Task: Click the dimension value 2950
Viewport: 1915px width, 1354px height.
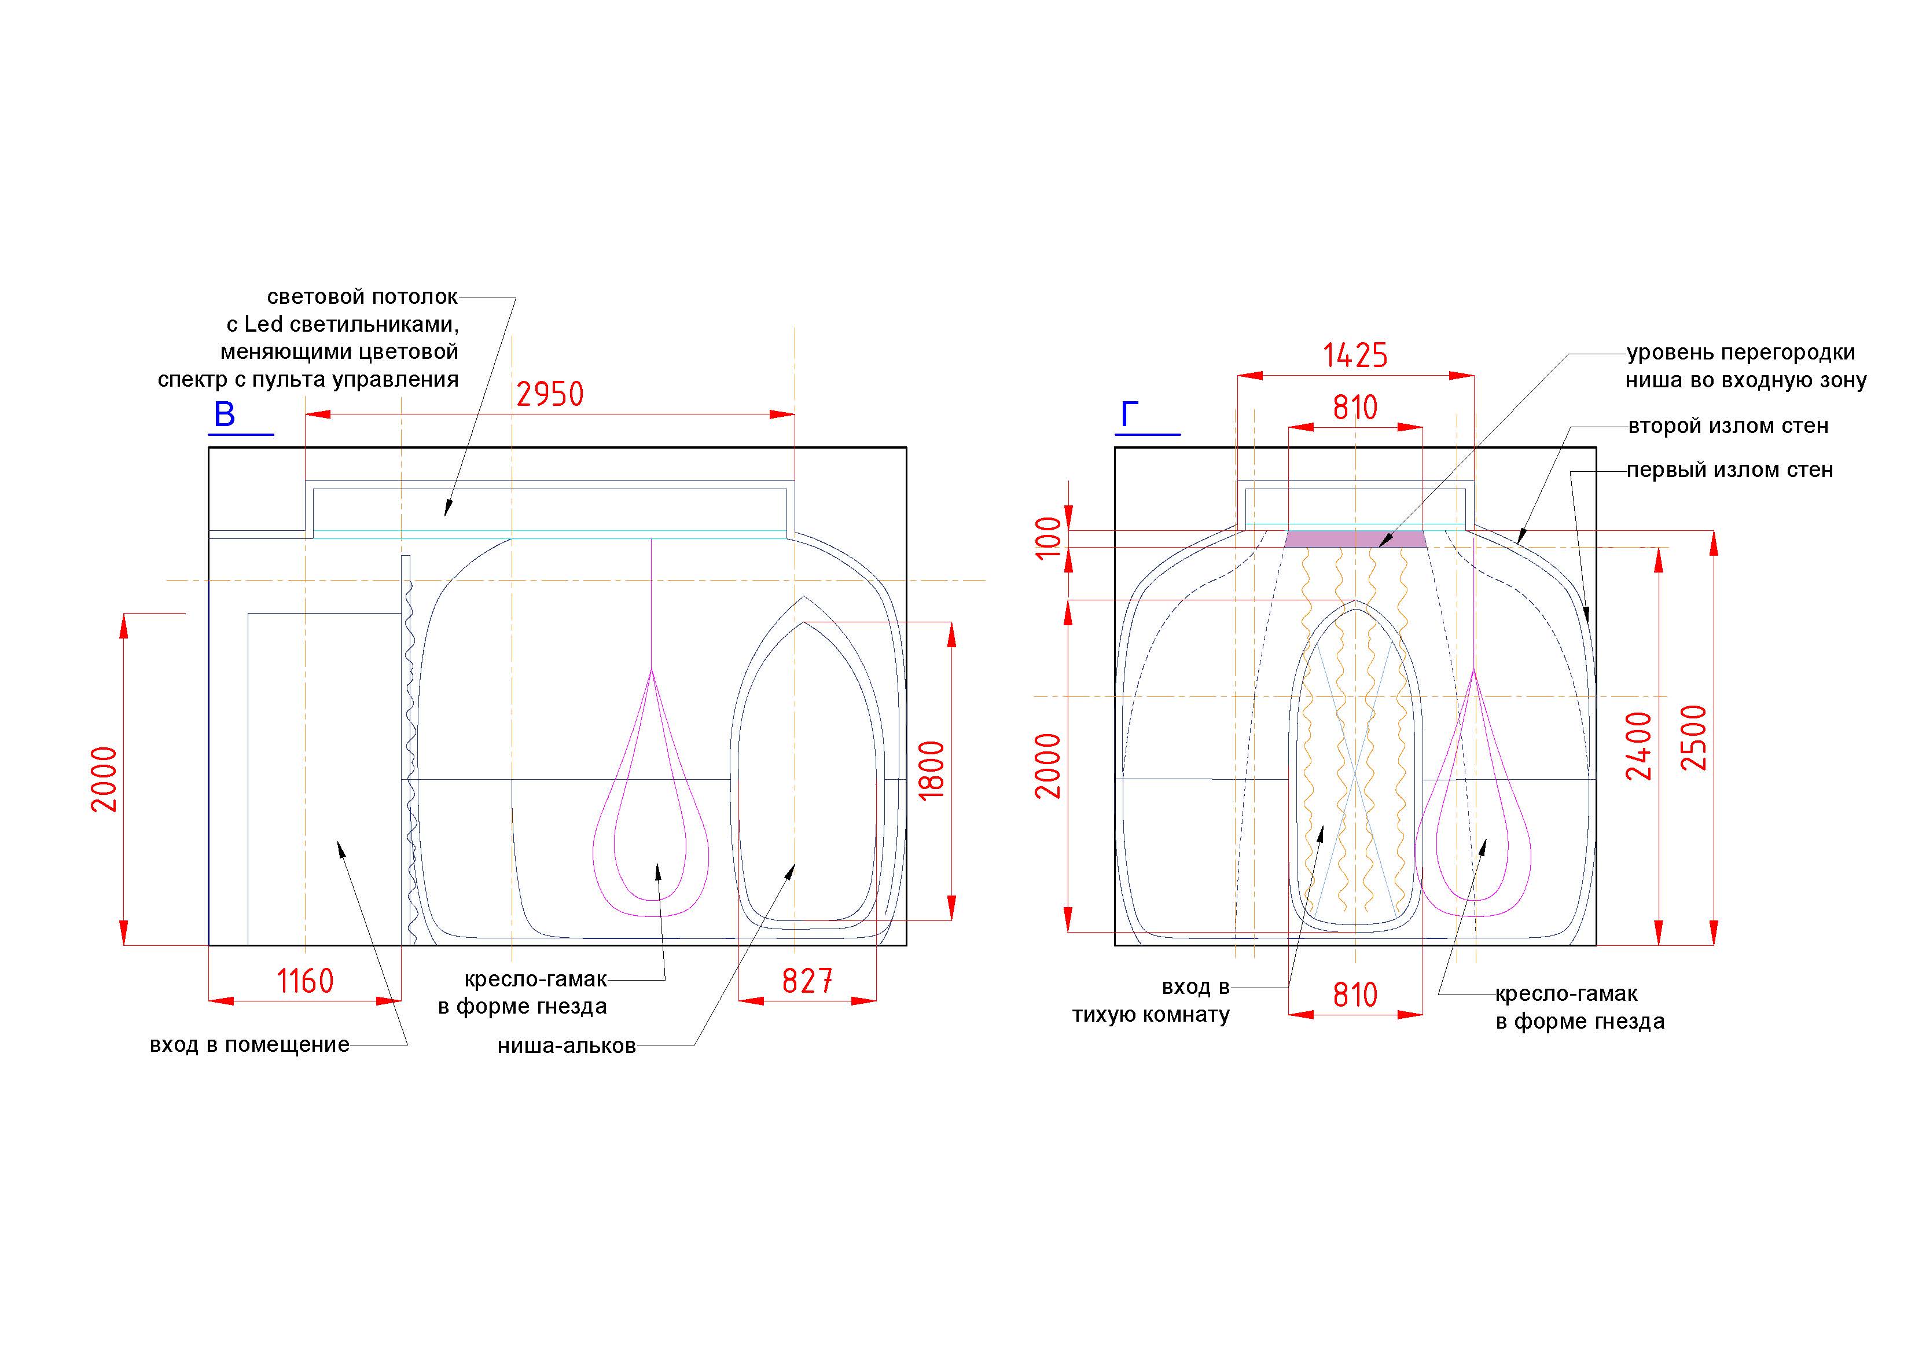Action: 550,394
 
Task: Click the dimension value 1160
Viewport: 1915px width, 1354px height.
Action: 305,981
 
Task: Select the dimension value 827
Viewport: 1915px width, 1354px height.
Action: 807,981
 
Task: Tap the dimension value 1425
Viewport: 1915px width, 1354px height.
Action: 1355,355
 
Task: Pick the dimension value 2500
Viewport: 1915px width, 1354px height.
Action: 1693,737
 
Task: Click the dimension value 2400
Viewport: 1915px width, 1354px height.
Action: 1638,746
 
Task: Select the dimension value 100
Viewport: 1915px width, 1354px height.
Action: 1049,537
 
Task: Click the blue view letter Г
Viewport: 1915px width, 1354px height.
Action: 1129,414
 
